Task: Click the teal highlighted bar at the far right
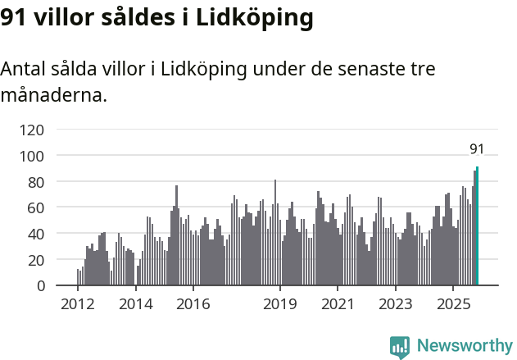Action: [x=477, y=226]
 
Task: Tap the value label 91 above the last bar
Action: [x=477, y=149]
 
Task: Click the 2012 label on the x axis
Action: [x=78, y=305]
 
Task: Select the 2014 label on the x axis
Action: [x=136, y=305]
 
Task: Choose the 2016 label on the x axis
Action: [x=193, y=305]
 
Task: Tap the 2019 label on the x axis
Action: [x=280, y=305]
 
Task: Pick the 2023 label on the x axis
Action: [x=396, y=305]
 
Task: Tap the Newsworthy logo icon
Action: [x=400, y=347]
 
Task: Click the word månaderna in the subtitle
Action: [x=53, y=96]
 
